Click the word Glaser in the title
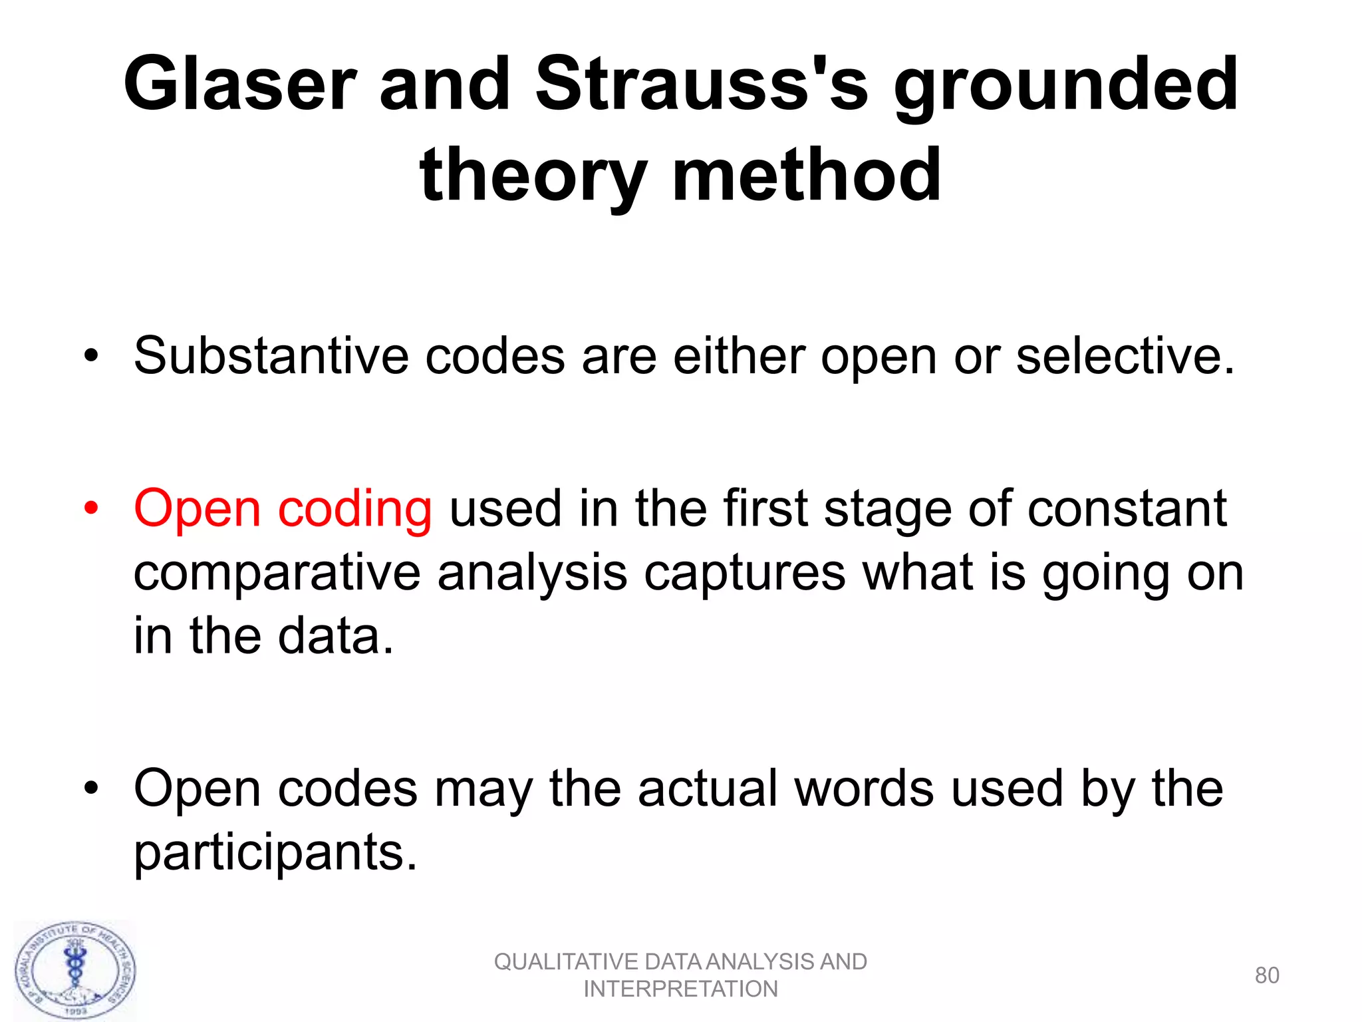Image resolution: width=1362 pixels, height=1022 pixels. (x=240, y=85)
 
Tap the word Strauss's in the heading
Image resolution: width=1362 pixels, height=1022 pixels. (x=702, y=85)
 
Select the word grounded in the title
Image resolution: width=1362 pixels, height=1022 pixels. (x=1065, y=85)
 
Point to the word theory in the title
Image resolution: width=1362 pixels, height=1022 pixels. (x=533, y=176)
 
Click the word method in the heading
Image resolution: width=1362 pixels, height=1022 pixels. (x=806, y=176)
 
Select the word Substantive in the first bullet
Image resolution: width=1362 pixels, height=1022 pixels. (x=271, y=356)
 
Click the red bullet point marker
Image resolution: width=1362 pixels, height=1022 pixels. (x=91, y=509)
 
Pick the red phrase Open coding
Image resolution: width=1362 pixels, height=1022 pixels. (x=283, y=510)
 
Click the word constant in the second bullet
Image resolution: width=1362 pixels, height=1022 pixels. (x=1127, y=509)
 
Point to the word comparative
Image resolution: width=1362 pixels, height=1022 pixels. (x=277, y=573)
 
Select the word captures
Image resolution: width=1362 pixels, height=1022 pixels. (x=744, y=573)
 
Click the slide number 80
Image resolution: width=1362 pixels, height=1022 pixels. (x=1266, y=975)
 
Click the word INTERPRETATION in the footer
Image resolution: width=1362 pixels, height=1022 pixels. (x=680, y=989)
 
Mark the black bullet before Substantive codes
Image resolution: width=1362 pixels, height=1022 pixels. (x=91, y=356)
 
